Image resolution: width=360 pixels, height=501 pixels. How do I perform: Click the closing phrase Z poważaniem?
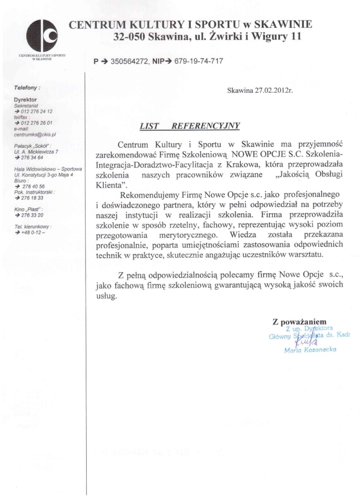coord(302,321)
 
